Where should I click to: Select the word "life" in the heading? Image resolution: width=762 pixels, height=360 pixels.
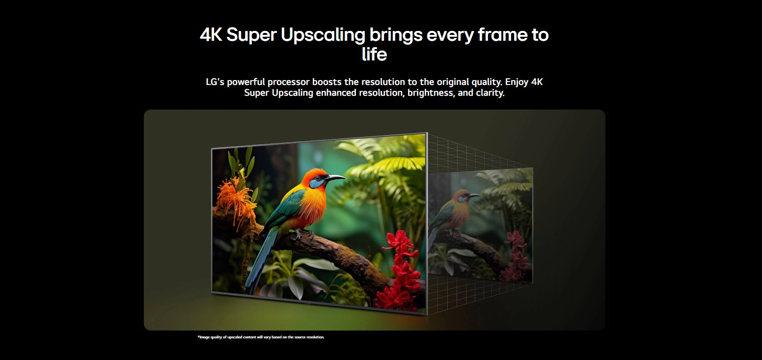[x=374, y=54]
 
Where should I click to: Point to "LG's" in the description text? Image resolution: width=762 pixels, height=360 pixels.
[x=215, y=82]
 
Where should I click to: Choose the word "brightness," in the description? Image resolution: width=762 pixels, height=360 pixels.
[x=430, y=93]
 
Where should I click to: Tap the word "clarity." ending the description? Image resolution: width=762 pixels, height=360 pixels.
[x=490, y=93]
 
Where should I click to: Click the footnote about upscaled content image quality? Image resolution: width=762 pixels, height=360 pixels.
[x=261, y=337]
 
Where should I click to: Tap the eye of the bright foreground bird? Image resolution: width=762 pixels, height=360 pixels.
[x=320, y=179]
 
